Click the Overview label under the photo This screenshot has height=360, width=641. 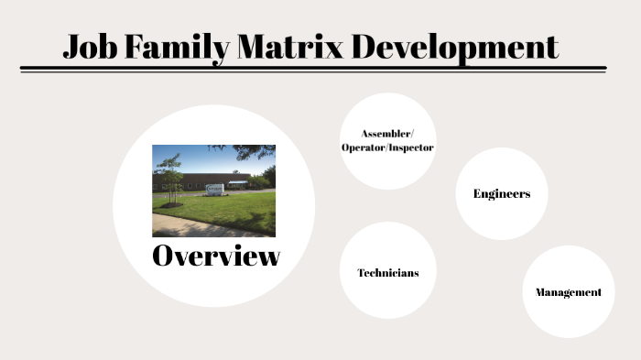pos(215,256)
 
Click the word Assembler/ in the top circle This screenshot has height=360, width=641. pos(387,134)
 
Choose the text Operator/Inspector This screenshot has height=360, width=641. pos(387,147)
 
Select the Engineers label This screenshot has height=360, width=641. pos(501,193)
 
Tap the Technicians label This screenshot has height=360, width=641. pos(387,273)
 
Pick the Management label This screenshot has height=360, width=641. pos(568,292)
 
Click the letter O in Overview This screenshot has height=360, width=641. pos(164,256)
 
